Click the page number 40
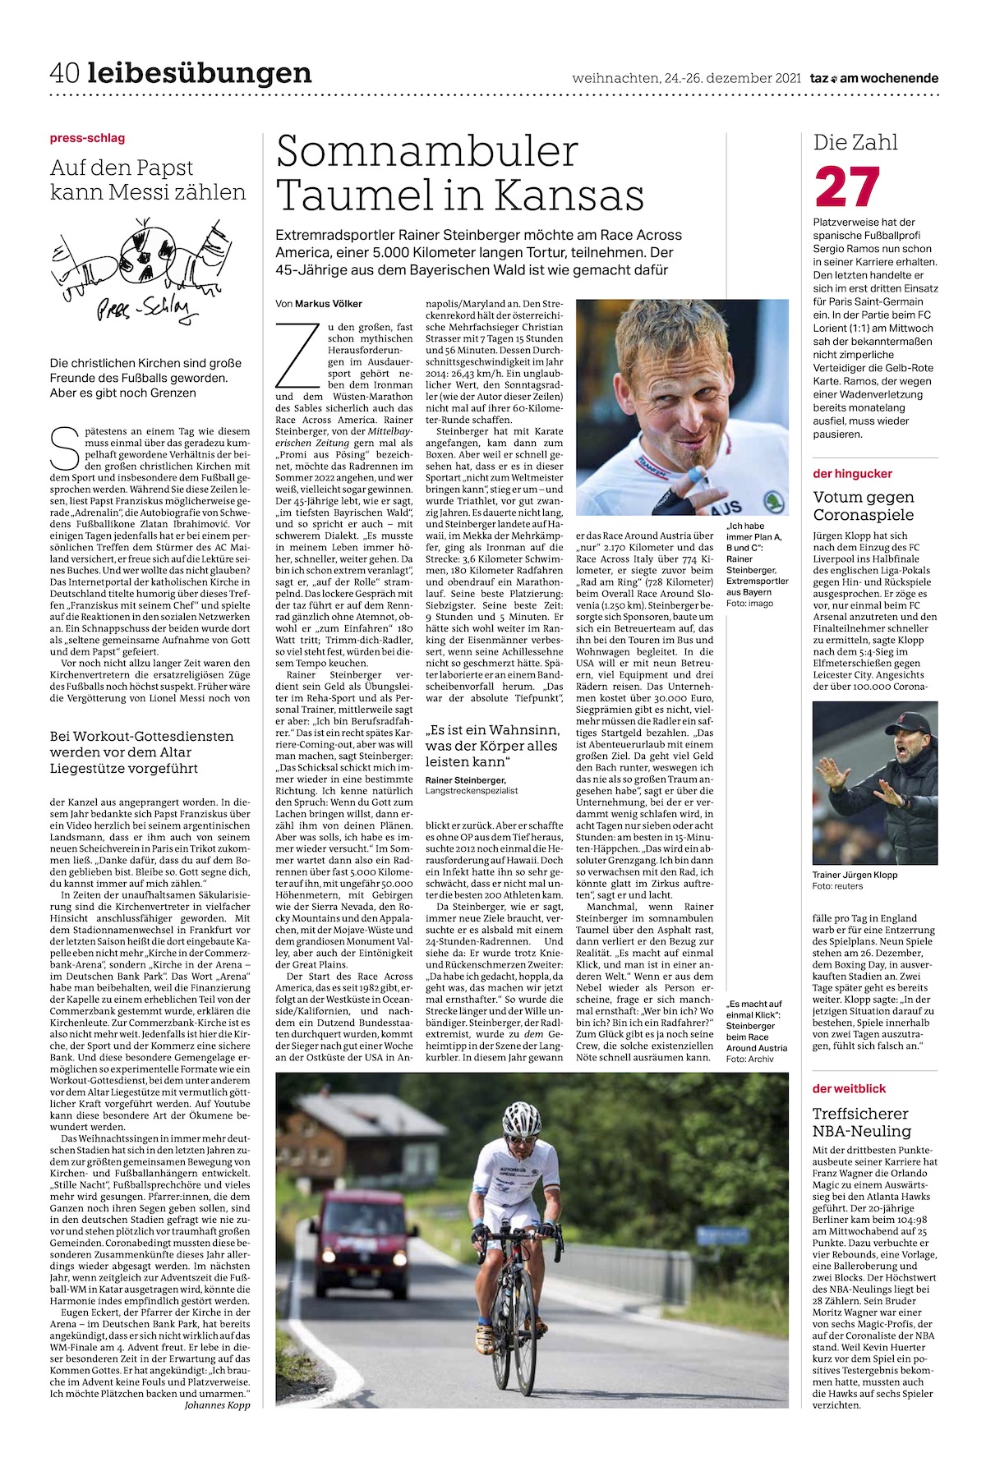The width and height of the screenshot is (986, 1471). pos(64,74)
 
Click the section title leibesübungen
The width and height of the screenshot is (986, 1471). pos(200,74)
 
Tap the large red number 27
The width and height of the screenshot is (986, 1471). pos(847,188)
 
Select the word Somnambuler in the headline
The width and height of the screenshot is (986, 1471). pos(427,152)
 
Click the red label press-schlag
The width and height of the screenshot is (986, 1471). pos(87,138)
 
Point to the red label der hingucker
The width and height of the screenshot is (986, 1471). pos(852,473)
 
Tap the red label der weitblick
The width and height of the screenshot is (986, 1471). pos(849,1088)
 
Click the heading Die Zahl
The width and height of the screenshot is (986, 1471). pos(855,142)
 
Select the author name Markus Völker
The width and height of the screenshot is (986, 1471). pos(328,304)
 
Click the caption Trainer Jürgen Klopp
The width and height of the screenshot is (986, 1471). pos(855,875)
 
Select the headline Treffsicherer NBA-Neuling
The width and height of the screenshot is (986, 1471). pos(860,1122)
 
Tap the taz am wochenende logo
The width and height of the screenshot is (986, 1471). pos(873,79)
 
